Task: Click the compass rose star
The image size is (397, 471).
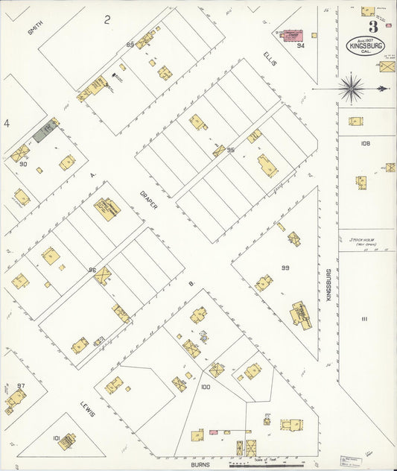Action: click(x=352, y=88)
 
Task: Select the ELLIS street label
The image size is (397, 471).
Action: click(x=270, y=57)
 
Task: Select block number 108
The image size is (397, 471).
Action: click(x=365, y=144)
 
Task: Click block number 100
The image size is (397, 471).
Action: click(x=206, y=387)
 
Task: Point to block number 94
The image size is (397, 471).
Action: click(x=301, y=45)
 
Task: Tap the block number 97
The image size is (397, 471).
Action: click(x=21, y=385)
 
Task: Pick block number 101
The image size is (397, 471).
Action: click(x=56, y=438)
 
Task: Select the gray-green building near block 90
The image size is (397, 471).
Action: click(x=45, y=132)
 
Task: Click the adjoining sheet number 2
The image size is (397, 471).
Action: click(x=107, y=20)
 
